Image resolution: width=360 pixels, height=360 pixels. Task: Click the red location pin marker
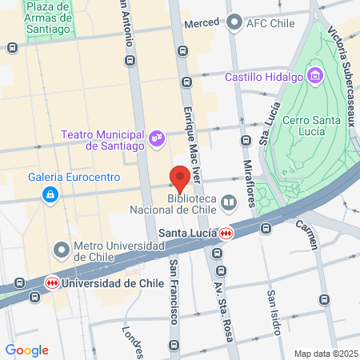click(180, 177)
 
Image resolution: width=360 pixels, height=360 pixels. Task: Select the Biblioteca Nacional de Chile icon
click(230, 203)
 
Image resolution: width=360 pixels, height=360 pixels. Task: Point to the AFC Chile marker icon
click(234, 23)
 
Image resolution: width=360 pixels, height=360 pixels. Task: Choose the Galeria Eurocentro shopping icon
click(50, 194)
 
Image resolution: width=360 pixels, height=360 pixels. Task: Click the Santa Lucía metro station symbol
click(227, 234)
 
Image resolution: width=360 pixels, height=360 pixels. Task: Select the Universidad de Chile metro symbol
click(52, 283)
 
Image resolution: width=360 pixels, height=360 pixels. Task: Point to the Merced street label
click(201, 24)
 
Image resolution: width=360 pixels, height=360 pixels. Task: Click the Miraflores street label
click(248, 181)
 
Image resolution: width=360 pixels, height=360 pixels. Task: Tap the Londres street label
click(133, 341)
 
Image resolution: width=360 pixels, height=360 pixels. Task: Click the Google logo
click(27, 350)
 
